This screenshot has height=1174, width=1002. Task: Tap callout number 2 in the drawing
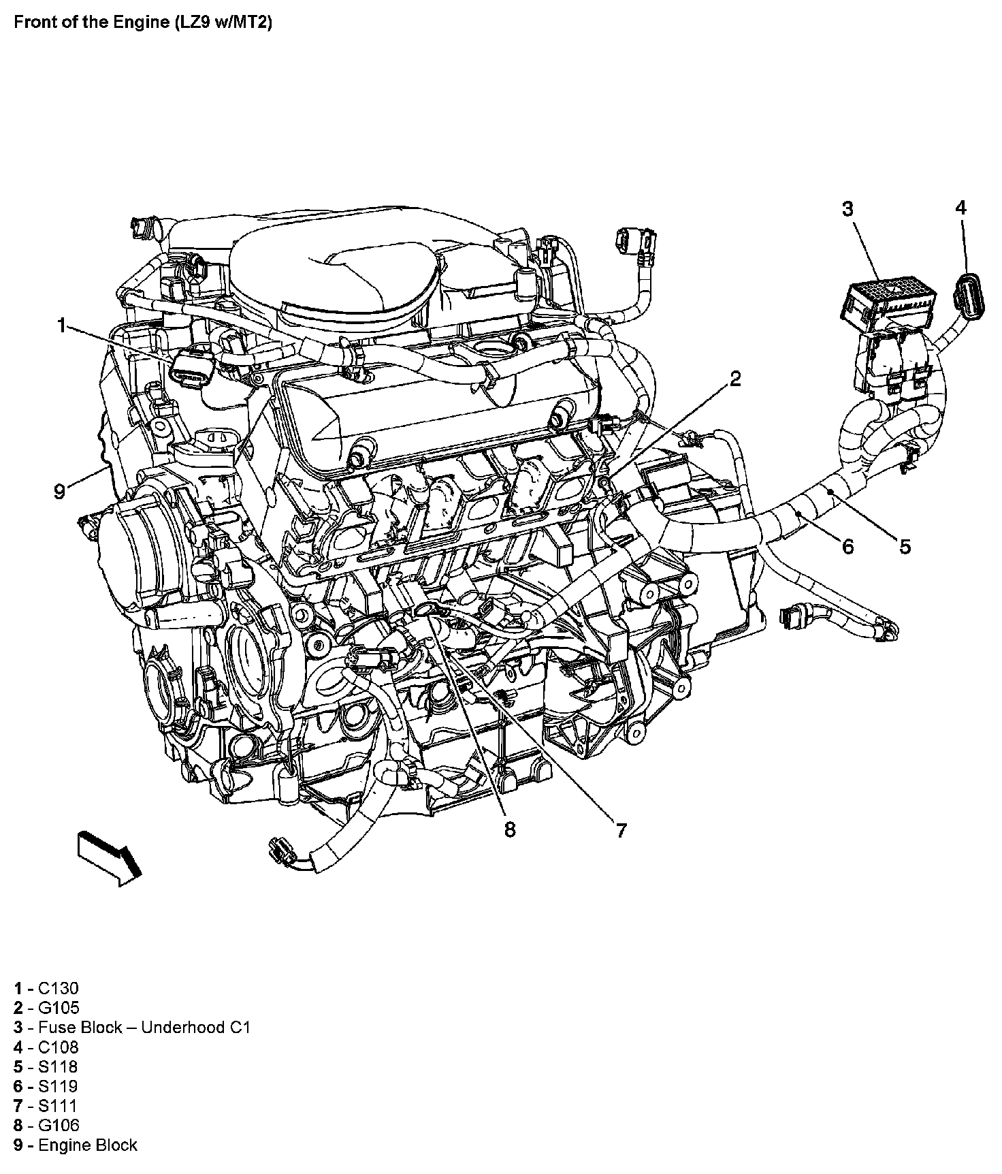tap(735, 379)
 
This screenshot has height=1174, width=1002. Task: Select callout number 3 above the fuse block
tap(847, 209)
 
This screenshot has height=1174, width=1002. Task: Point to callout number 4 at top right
tap(960, 208)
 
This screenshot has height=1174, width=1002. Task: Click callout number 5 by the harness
tap(905, 545)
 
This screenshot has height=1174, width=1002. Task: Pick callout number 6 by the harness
tap(847, 545)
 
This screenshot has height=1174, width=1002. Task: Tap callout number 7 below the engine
tap(621, 830)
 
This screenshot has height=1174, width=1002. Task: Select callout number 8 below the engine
tap(510, 829)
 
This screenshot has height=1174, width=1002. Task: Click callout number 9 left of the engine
tap(60, 491)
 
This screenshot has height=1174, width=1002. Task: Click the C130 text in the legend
tap(59, 988)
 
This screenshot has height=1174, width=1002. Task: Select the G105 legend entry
tap(59, 1008)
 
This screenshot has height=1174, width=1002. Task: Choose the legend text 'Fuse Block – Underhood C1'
tap(144, 1028)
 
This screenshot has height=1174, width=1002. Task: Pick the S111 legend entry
tap(58, 1106)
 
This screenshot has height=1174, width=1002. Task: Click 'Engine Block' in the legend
tap(88, 1145)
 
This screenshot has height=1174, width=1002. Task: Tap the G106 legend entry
tap(59, 1126)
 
